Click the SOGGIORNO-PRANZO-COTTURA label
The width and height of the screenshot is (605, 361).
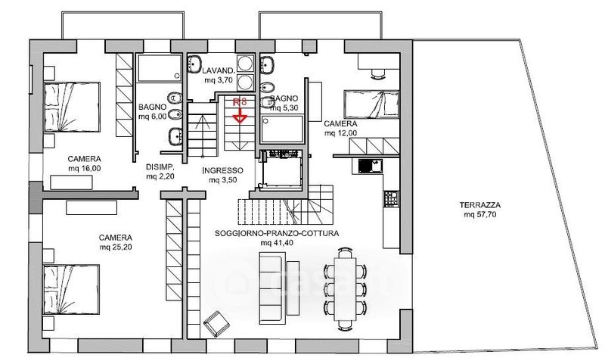pos(277,233)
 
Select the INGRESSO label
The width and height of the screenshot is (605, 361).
pos(223,170)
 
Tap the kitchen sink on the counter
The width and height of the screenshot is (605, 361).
pos(368,165)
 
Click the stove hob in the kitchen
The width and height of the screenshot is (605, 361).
pos(391,199)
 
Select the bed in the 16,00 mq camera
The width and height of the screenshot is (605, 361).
pos(73,106)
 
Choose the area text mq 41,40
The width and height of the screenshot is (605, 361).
pos(277,244)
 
